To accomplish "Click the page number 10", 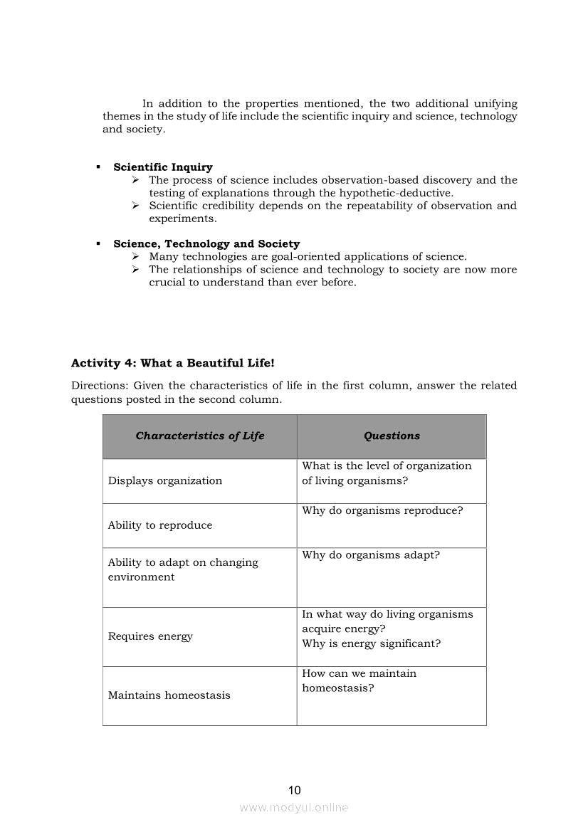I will pyautogui.click(x=295, y=790).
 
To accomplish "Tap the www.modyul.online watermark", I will pyautogui.click(x=294, y=807).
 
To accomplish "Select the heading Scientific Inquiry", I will pyautogui.click(x=163, y=167).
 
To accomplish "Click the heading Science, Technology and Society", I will pyautogui.click(x=206, y=243).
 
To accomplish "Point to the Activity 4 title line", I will pyautogui.click(x=172, y=363).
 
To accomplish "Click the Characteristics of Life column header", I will pyautogui.click(x=200, y=436).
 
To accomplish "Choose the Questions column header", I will pyautogui.click(x=392, y=436).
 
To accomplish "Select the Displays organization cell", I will pyautogui.click(x=165, y=480).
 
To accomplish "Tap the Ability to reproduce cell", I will pyautogui.click(x=160, y=525).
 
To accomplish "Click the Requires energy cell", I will pyautogui.click(x=150, y=636).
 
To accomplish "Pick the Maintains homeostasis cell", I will pyautogui.click(x=169, y=695).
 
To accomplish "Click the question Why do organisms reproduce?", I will pyautogui.click(x=382, y=510).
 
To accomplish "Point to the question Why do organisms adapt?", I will pyautogui.click(x=371, y=554).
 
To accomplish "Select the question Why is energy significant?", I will pyautogui.click(x=371, y=643).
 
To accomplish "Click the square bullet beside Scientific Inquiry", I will pyautogui.click(x=98, y=167).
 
